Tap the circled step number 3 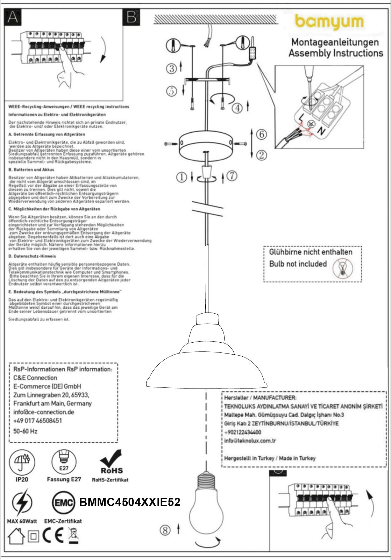click(x=171, y=68)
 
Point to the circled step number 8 click(x=165, y=530)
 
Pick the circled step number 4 click(x=238, y=108)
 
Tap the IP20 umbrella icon click(x=22, y=461)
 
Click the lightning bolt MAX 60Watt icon click(x=22, y=503)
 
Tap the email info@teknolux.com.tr click(x=250, y=441)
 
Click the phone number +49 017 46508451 click(x=37, y=420)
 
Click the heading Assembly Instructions click(x=335, y=53)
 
